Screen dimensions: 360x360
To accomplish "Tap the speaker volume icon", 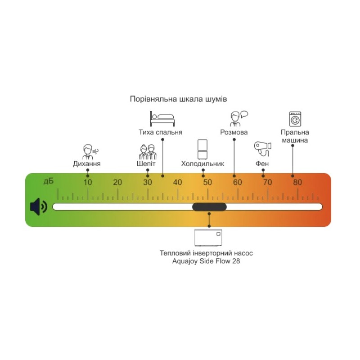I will [x=38, y=207].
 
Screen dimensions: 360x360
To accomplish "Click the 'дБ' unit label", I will [x=48, y=181].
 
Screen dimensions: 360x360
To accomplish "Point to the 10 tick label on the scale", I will [x=87, y=182].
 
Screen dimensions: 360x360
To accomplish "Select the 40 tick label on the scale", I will [x=177, y=182].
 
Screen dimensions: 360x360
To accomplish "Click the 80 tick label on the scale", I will [x=297, y=182].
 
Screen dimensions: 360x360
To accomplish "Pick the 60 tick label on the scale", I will [x=237, y=182].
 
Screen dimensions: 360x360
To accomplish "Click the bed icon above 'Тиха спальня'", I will [x=162, y=119].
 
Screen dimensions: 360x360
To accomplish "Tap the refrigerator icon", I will [x=202, y=149].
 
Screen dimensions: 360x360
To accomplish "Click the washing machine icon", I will [x=295, y=119].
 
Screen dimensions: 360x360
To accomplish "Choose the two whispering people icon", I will [x=147, y=151].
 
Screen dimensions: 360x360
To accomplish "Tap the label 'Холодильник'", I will [x=202, y=164].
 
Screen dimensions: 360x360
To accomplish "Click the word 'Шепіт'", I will [x=146, y=164].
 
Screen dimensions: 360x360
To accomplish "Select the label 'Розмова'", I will [x=234, y=132].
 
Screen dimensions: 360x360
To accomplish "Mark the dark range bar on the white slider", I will [x=209, y=207].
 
